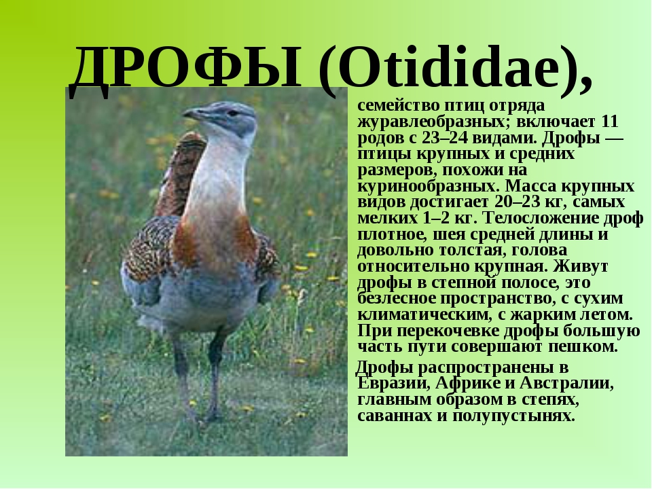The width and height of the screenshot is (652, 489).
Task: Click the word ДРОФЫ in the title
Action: coord(185,69)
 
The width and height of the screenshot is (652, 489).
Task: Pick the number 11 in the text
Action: coord(610,122)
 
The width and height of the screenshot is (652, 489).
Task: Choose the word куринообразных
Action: coord(428,186)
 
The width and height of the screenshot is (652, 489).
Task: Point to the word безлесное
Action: coord(396,299)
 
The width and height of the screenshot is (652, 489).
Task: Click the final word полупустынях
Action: coord(513,416)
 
